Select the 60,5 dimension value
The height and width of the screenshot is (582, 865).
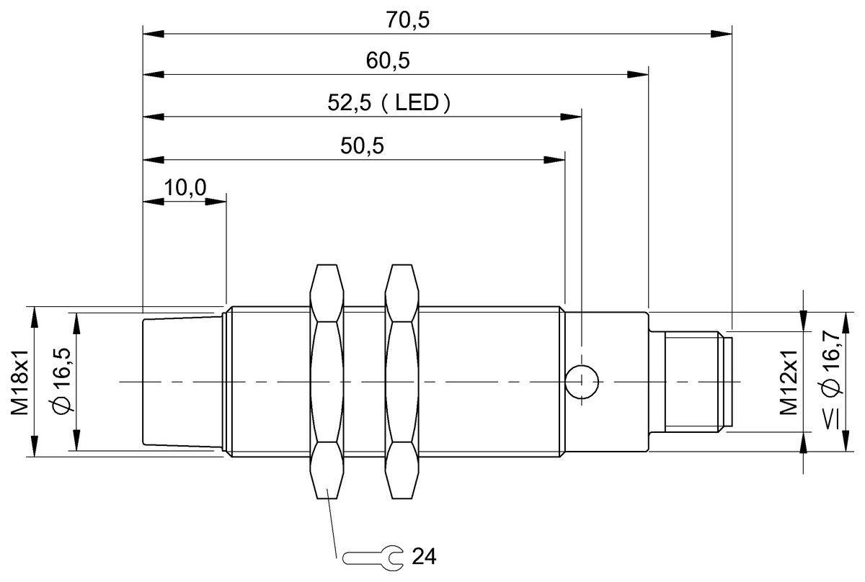click(x=388, y=61)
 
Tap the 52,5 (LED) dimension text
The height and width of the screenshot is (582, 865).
click(x=389, y=103)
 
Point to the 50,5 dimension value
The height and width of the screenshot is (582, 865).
click(x=362, y=146)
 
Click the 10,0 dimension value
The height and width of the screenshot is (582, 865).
click(x=185, y=188)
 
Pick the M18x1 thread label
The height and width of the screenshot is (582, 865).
click(x=19, y=381)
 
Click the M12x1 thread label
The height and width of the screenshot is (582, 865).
click(x=787, y=381)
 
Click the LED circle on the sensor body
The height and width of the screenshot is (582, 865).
click(x=582, y=381)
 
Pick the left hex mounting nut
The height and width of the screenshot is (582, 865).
click(x=327, y=381)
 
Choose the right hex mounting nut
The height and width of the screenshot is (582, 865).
click(x=402, y=381)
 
